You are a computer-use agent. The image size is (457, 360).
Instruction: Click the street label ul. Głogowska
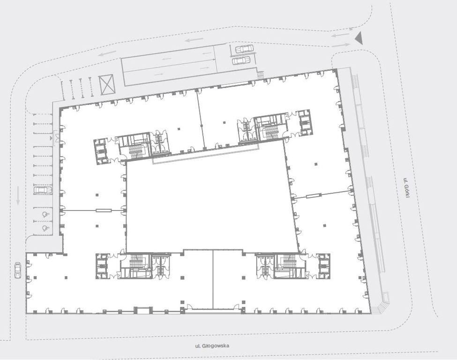[212, 346]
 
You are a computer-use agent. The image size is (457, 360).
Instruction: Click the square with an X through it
[106, 84]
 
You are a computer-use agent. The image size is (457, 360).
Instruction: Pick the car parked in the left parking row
[43, 190]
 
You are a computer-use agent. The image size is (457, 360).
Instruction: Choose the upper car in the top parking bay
[244, 49]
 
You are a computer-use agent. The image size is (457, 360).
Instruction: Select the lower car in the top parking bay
[241, 60]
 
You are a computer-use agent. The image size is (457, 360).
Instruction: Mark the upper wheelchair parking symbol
[45, 215]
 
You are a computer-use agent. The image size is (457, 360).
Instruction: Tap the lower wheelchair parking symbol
[45, 228]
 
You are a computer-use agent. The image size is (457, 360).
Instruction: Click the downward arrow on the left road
[18, 195]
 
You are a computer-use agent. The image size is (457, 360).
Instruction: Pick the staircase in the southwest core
[135, 261]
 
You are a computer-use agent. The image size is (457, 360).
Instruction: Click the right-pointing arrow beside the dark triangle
[341, 45]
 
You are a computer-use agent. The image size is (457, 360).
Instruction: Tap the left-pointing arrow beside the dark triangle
[340, 35]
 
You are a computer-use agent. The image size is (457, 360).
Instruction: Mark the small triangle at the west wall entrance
[52, 138]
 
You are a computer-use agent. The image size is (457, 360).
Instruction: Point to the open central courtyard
[212, 204]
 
